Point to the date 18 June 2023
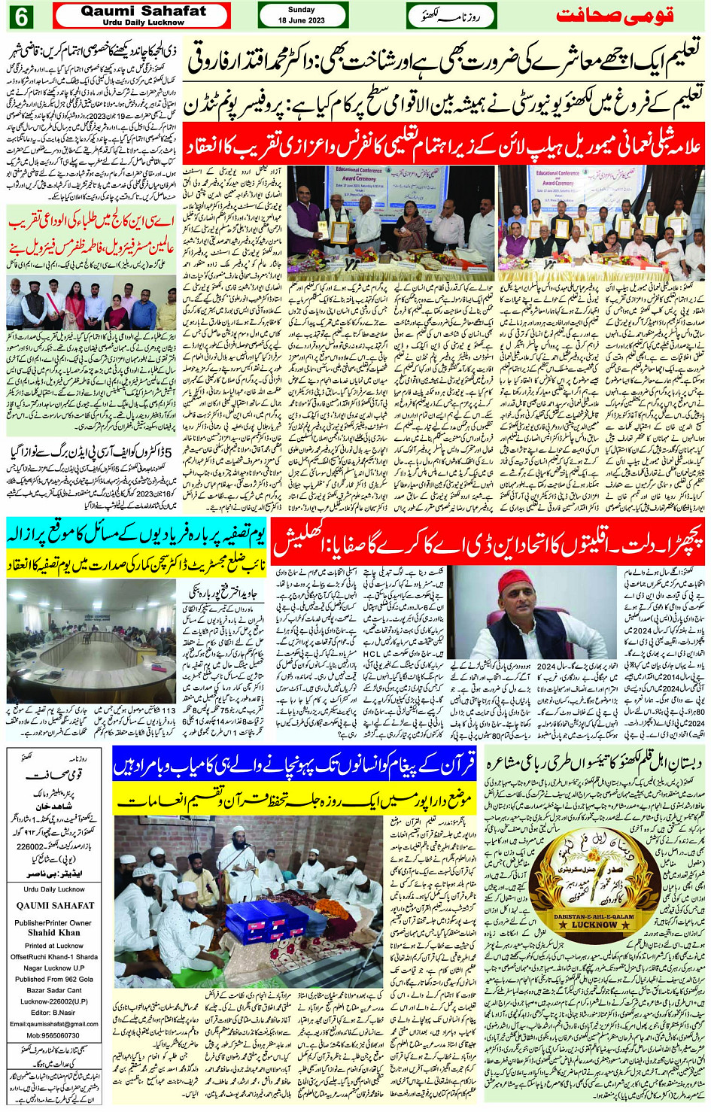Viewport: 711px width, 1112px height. pos(303,20)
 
